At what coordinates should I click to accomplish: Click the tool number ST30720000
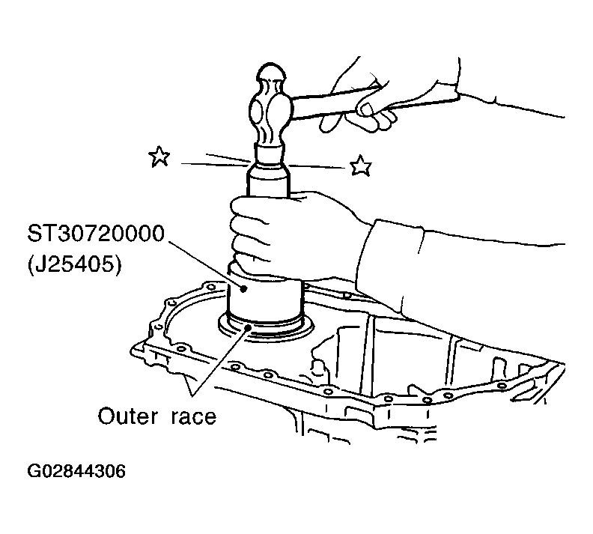tap(96, 234)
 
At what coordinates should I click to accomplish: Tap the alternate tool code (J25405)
tap(75, 264)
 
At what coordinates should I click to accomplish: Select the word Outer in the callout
tap(127, 416)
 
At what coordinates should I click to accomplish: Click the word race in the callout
tap(194, 416)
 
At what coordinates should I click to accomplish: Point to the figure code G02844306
tap(76, 471)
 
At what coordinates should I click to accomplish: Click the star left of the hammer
tap(159, 157)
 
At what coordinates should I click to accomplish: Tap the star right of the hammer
tap(360, 166)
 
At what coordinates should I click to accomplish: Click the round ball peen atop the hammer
tap(270, 73)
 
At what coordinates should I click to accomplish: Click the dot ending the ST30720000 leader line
tap(244, 289)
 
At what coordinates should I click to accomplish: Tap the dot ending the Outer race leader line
tap(248, 327)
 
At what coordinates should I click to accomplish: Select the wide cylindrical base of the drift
tap(265, 299)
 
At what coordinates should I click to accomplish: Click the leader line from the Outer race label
tap(220, 361)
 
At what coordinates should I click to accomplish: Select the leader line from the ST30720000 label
tap(204, 264)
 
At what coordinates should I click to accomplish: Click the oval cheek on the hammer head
tap(255, 109)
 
